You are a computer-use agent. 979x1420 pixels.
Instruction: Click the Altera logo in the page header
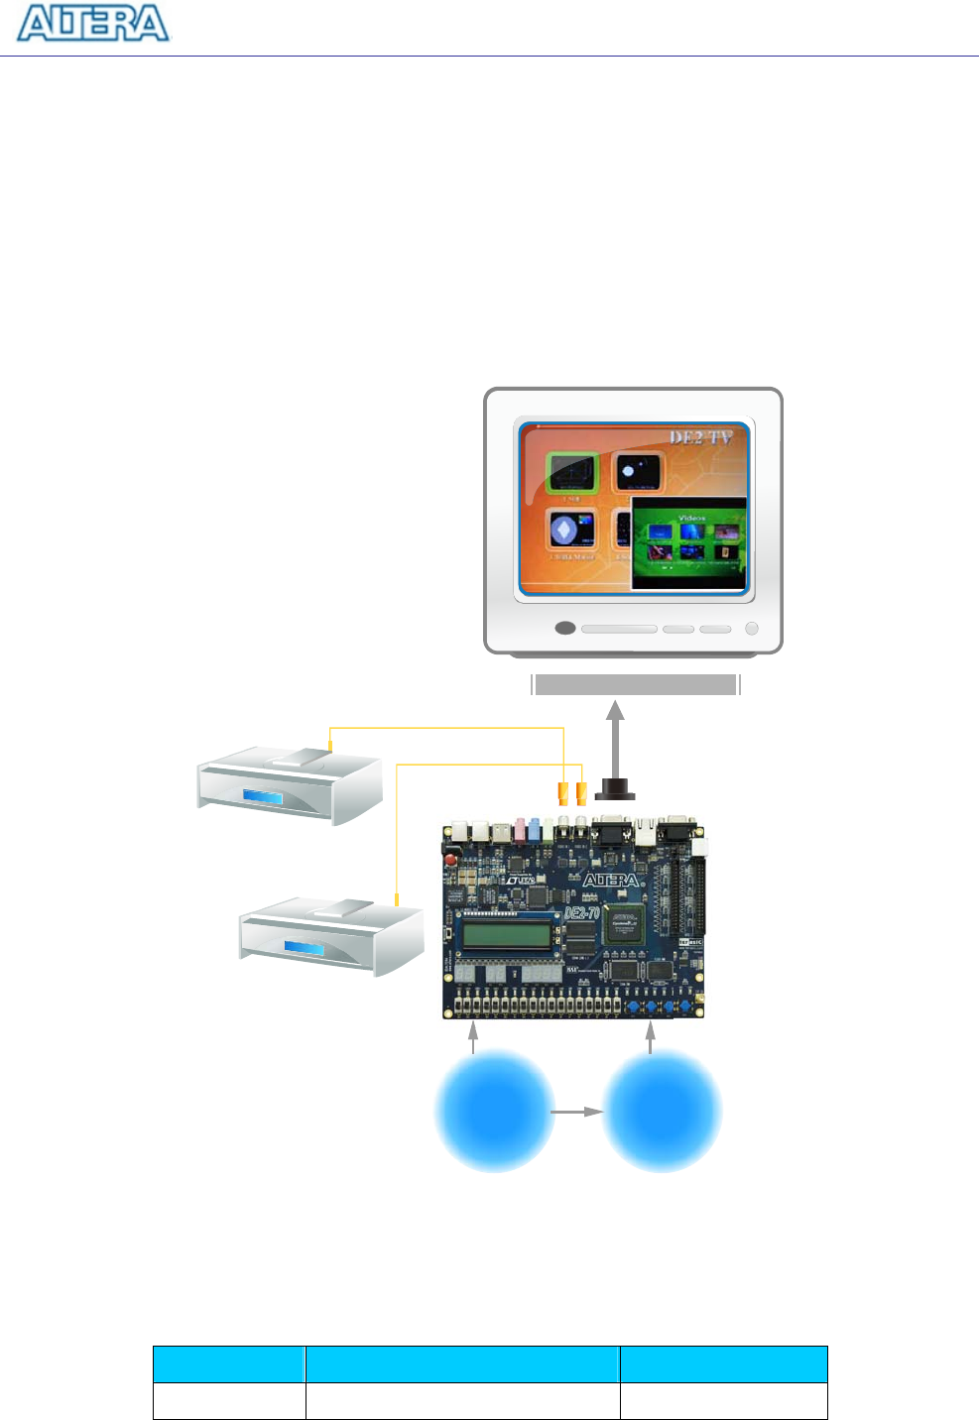93,24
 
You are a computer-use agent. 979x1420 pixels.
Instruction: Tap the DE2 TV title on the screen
700,437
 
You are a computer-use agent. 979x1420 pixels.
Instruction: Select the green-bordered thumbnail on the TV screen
573,472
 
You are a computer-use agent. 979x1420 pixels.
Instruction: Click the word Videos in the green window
691,518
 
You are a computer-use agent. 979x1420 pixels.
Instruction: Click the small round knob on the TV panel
751,628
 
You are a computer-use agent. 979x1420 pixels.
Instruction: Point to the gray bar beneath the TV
635,684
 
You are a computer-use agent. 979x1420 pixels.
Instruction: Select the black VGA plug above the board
615,790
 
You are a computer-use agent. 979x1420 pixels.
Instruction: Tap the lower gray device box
331,936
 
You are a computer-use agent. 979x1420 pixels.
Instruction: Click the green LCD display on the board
506,934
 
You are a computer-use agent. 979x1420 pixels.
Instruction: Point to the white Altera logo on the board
610,881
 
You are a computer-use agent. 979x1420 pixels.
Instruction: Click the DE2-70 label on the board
581,911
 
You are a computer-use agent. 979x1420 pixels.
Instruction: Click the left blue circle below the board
494,1111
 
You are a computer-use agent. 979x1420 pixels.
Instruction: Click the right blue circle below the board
662,1111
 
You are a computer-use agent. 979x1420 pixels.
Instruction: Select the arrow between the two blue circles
577,1112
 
